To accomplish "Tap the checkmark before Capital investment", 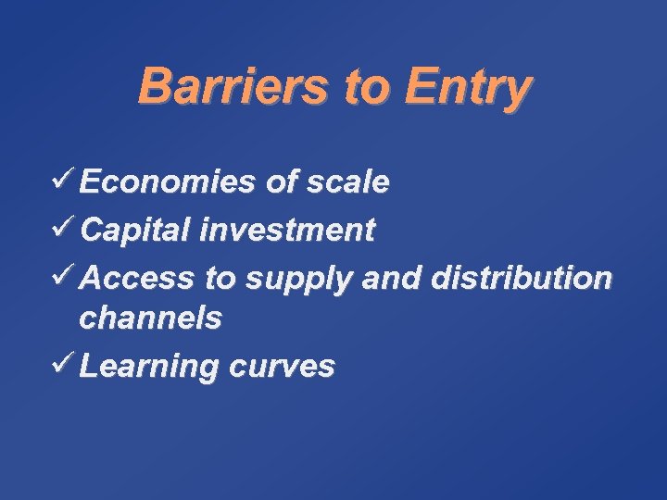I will [65, 228].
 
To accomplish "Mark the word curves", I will [280, 367].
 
